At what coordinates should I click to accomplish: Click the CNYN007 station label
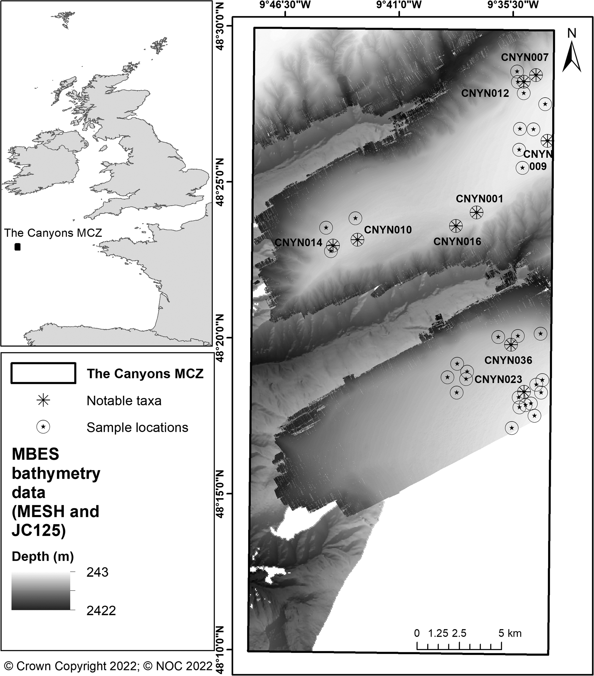click(x=525, y=57)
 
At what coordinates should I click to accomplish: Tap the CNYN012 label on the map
click(x=485, y=94)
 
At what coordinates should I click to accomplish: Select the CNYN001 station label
click(x=479, y=199)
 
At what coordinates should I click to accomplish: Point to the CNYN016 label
click(x=457, y=242)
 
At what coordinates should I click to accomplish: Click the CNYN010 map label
click(x=388, y=230)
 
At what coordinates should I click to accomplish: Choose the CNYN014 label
click(x=298, y=243)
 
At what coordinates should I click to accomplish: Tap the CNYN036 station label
click(x=508, y=360)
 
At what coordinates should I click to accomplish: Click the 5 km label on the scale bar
click(x=510, y=633)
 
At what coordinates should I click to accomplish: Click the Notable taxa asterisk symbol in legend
click(x=43, y=401)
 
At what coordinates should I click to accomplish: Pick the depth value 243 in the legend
click(x=97, y=572)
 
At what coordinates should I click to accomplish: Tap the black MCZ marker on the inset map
click(x=18, y=247)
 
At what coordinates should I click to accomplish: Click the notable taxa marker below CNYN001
click(x=476, y=212)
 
